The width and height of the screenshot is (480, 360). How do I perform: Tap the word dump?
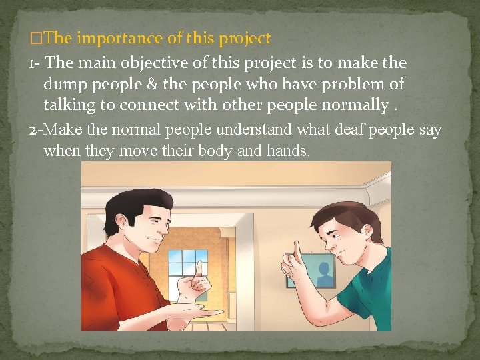point(67,85)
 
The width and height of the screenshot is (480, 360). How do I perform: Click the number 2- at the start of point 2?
point(36,129)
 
